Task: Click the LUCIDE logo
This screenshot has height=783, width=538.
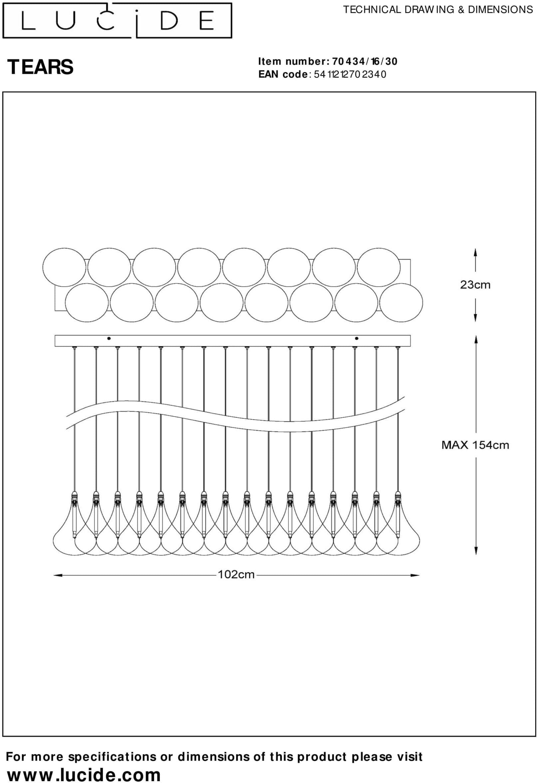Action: pyautogui.click(x=117, y=21)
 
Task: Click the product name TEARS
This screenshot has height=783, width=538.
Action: pyautogui.click(x=40, y=67)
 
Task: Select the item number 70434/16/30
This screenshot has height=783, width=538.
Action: pyautogui.click(x=365, y=61)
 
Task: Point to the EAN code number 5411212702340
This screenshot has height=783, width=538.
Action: pyautogui.click(x=350, y=74)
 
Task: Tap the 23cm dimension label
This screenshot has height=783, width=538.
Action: pyautogui.click(x=475, y=285)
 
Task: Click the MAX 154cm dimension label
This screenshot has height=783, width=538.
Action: pyautogui.click(x=475, y=445)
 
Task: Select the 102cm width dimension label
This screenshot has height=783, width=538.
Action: pyautogui.click(x=236, y=574)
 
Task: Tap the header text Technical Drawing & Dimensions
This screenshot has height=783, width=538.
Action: pyautogui.click(x=438, y=10)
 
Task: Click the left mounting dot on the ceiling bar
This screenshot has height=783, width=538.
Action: pyautogui.click(x=109, y=339)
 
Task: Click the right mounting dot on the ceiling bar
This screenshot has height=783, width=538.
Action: pyautogui.click(x=357, y=339)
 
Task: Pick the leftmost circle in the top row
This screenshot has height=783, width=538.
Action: pyautogui.click(x=64, y=268)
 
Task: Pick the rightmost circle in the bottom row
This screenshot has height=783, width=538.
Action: pyautogui.click(x=401, y=303)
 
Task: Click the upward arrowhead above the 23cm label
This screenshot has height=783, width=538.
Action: pyautogui.click(x=475, y=253)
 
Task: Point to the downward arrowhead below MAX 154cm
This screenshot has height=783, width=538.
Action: pyautogui.click(x=476, y=550)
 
